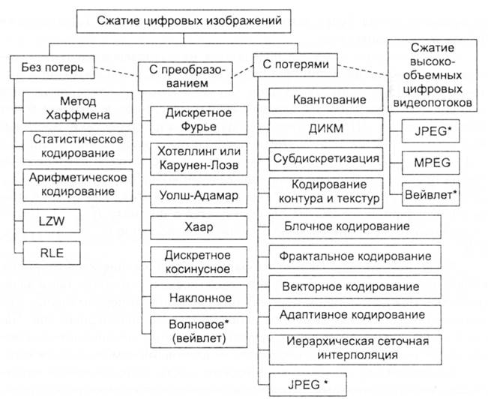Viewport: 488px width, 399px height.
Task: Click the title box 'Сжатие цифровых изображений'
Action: (x=184, y=21)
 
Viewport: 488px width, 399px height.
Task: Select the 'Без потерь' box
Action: (x=52, y=67)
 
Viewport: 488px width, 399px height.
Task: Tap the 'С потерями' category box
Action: (x=295, y=64)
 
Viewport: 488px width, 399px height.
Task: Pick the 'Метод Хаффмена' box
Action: (x=78, y=108)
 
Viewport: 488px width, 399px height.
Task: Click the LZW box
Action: (x=52, y=221)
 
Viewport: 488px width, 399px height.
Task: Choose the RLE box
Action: (x=52, y=253)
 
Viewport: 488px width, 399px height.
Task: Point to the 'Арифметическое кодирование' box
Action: (x=78, y=185)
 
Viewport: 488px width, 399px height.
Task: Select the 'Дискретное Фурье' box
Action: (x=199, y=121)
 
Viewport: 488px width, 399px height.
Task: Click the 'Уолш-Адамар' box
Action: (x=199, y=196)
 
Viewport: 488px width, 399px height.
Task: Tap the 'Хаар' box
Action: (x=199, y=227)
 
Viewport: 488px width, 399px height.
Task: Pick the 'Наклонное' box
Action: (x=199, y=296)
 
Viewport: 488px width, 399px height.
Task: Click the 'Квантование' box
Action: (x=326, y=99)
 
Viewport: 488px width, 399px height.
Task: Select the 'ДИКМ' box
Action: (x=326, y=129)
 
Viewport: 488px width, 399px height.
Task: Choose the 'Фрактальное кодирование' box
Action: (x=355, y=257)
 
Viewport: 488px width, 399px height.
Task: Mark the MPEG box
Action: (x=431, y=163)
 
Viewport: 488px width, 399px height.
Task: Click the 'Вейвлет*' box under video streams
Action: (x=431, y=194)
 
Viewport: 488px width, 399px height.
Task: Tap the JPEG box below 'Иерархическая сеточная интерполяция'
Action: (x=308, y=385)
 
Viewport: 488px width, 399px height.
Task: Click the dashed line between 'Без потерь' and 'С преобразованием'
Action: (x=116, y=72)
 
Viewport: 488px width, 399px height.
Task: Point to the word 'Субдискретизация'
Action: (x=326, y=158)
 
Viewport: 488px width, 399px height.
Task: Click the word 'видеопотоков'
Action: (x=433, y=103)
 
